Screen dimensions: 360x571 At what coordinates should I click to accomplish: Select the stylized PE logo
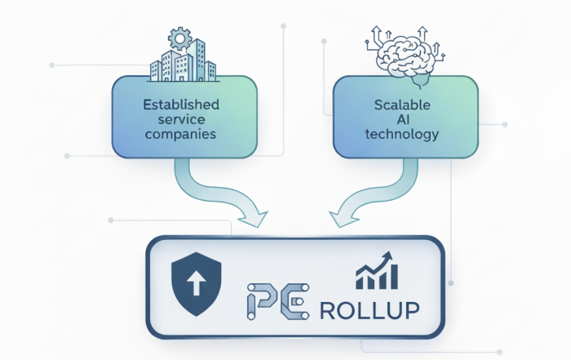tap(277, 304)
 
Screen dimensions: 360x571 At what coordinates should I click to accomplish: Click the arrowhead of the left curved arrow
tap(252, 216)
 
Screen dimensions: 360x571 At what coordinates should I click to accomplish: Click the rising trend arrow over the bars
tap(378, 265)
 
